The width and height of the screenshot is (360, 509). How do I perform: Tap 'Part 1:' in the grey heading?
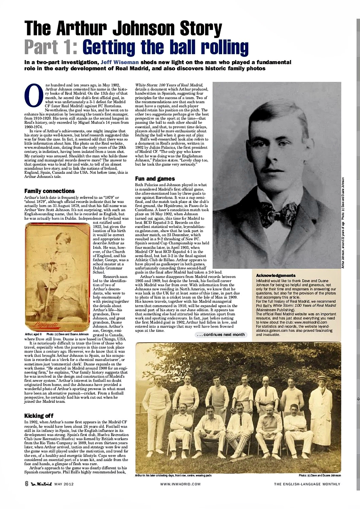pyautogui.click(x=51, y=47)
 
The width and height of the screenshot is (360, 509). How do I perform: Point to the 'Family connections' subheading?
pyautogui.click(x=49, y=191)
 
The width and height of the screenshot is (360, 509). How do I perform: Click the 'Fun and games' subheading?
pyautogui.click(x=155, y=178)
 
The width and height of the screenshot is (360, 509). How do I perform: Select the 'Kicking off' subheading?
pyautogui.click(x=39, y=416)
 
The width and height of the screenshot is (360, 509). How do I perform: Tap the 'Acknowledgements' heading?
pyautogui.click(x=276, y=276)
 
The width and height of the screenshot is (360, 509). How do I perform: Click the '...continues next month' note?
pyautogui.click(x=221, y=335)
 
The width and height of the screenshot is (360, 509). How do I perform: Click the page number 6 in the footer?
pyautogui.click(x=26, y=484)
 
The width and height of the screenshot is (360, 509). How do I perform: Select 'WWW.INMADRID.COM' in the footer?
pyautogui.click(x=180, y=484)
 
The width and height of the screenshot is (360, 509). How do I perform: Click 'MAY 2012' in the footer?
pyautogui.click(x=64, y=484)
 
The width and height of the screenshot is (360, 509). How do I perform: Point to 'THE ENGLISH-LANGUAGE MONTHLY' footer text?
pyautogui.click(x=307, y=484)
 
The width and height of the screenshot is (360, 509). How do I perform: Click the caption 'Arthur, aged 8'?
pyautogui.click(x=33, y=334)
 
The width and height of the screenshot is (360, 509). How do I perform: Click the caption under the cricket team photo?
pyautogui.click(x=173, y=475)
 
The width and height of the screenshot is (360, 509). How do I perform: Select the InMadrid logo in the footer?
pyautogui.click(x=41, y=484)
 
